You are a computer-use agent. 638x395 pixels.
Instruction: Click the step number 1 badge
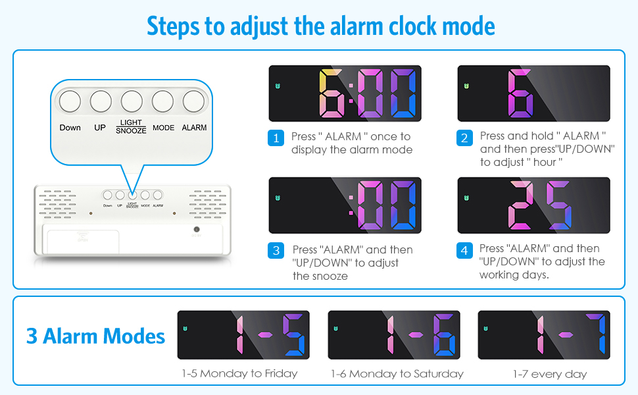click(276, 138)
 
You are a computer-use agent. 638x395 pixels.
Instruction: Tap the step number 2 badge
click(465, 138)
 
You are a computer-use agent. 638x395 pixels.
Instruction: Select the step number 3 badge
click(276, 251)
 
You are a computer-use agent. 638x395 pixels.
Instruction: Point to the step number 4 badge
click(465, 251)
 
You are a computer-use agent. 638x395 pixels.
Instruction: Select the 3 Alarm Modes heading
click(95, 336)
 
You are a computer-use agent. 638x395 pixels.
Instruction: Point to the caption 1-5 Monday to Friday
click(239, 374)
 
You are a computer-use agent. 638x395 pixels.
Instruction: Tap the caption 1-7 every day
click(549, 374)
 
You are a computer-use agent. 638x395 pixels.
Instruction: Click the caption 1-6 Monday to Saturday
click(397, 374)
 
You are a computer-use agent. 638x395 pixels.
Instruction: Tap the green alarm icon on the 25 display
click(467, 199)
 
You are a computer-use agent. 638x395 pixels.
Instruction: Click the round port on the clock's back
click(196, 229)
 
